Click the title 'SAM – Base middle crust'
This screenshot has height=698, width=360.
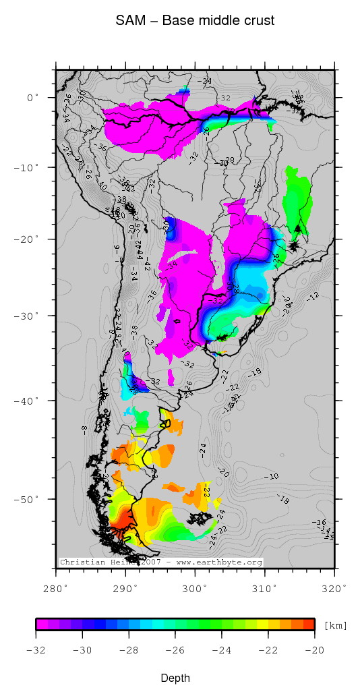click(195, 21)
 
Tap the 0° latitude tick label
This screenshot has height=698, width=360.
click(33, 98)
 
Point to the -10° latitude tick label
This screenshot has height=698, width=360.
click(29, 167)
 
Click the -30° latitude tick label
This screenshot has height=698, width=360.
click(29, 316)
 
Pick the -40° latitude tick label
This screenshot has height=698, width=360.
click(29, 401)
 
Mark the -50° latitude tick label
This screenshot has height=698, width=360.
click(29, 499)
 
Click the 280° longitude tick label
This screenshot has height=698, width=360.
click(56, 588)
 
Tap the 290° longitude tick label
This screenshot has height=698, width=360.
click(125, 588)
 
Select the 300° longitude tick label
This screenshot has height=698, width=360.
click(195, 588)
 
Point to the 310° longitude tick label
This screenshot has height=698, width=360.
click(264, 588)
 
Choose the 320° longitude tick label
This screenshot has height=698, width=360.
click(334, 588)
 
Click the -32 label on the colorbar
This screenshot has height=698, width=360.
click(36, 651)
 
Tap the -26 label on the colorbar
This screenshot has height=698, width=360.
click(175, 651)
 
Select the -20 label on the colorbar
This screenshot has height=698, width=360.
click(314, 651)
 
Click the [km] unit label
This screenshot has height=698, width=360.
click(336, 626)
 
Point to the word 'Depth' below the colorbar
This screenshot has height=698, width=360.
click(175, 678)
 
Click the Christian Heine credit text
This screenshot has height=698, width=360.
click(160, 562)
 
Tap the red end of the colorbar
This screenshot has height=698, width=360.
click(309, 624)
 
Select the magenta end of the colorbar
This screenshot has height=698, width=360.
click(41, 624)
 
